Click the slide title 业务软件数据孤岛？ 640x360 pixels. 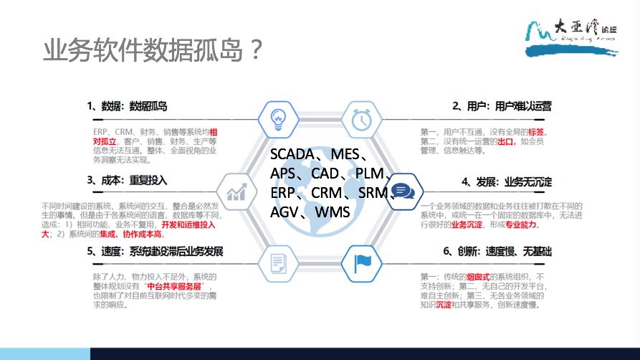pyautogui.click(x=151, y=52)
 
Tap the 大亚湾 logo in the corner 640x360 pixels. pyautogui.click(x=581, y=37)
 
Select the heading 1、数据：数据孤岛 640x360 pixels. pyautogui.click(x=127, y=106)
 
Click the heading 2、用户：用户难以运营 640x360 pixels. pyautogui.click(x=502, y=106)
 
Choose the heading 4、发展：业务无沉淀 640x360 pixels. pyautogui.click(x=506, y=181)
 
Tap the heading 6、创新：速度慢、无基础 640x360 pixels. pyautogui.click(x=502, y=252)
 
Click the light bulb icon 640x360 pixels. pyautogui.click(x=277, y=118)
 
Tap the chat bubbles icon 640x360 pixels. pyautogui.click(x=402, y=191)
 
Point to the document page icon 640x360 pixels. pyautogui.click(x=277, y=263)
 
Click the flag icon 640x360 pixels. pyautogui.click(x=361, y=263)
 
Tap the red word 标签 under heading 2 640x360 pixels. pyautogui.click(x=536, y=132)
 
